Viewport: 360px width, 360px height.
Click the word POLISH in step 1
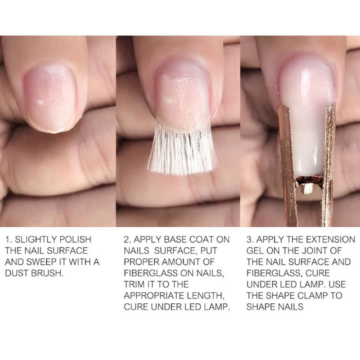pos(75,239)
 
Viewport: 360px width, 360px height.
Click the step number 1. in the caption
pos(8,239)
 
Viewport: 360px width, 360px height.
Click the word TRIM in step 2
pos(134,284)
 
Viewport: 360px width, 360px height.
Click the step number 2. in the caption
pos(127,239)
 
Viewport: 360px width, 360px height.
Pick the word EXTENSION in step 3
pos(331,239)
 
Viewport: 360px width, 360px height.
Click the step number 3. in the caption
pos(250,239)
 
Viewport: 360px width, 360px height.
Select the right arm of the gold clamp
pos(328,165)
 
